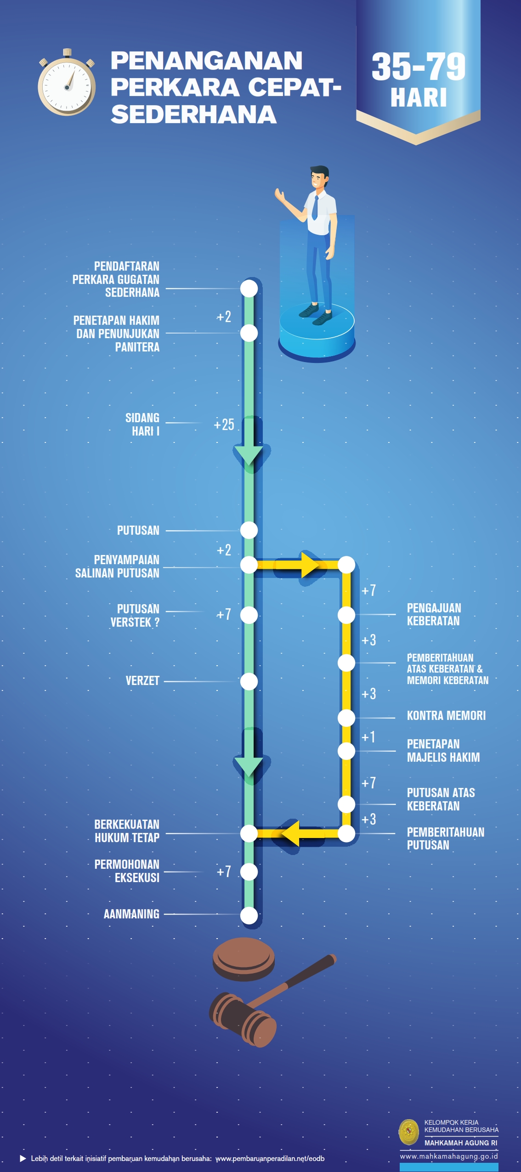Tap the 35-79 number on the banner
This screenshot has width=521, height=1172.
pos(418,67)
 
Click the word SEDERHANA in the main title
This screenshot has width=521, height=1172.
pos(193,114)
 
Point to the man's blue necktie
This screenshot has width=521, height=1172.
pos(315,208)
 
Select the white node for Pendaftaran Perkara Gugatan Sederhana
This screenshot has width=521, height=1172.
pos(249,289)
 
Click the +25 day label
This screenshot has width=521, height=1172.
pos(224,425)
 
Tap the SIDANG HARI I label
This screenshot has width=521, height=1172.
pos(143,424)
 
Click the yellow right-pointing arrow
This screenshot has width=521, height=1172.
pos(309,565)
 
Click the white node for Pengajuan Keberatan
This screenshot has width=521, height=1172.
pos(346,615)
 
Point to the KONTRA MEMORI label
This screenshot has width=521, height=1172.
pos(446,715)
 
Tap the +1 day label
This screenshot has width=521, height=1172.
pos(368,737)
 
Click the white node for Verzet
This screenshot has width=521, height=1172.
pos(249,681)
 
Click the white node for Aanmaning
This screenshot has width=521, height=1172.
pos(249,915)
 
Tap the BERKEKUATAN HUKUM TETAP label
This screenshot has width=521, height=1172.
pos(127,831)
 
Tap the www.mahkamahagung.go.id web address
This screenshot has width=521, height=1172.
pos(449,1156)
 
